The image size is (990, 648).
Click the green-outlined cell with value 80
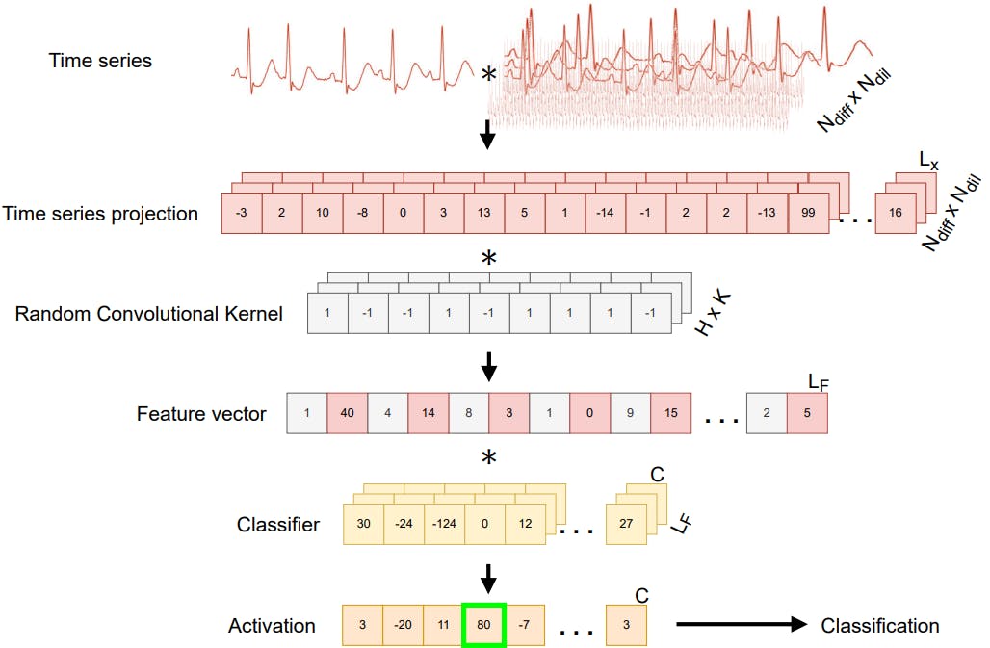pos(484,625)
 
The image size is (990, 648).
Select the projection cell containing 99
pos(808,214)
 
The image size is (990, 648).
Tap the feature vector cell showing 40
pos(348,413)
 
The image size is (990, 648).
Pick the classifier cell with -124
pos(444,524)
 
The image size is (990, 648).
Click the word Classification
pos(879,626)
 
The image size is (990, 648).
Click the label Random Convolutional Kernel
pos(149,314)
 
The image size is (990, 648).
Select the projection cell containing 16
pos(896,214)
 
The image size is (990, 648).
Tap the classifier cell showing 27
pos(626,524)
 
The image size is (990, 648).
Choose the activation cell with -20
pos(404,625)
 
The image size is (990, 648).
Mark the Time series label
pos(100,61)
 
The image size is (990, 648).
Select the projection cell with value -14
pos(606,214)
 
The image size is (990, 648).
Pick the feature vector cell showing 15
pos(671,413)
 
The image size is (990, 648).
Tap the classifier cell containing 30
pos(363,524)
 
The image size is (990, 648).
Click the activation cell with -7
pos(525,625)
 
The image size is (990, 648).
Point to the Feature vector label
pos(201,415)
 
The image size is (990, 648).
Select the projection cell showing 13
pos(484,214)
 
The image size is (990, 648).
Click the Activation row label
pos(272,626)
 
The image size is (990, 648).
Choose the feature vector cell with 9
pos(631,413)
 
